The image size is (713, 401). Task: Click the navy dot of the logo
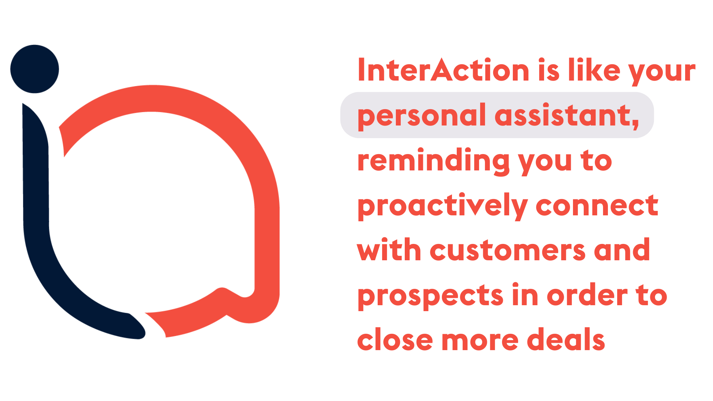[x=35, y=69]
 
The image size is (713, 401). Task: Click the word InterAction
[x=443, y=70]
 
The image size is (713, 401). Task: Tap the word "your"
[x=662, y=72]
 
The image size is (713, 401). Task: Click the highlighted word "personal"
[x=421, y=116]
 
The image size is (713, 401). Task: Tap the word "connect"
[x=597, y=206]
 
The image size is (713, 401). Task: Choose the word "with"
[x=389, y=250]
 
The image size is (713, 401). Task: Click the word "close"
[x=395, y=340]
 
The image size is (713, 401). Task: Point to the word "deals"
[x=566, y=340]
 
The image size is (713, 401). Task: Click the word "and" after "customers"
[x=622, y=250]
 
